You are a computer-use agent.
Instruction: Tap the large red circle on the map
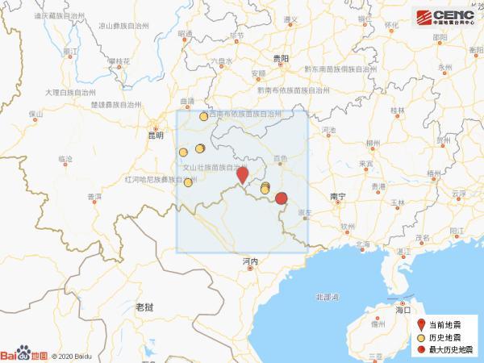(x=282, y=198)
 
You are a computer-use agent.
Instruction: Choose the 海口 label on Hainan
(x=404, y=309)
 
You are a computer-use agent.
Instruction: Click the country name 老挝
(x=144, y=307)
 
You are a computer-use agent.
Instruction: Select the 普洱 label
(x=94, y=196)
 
